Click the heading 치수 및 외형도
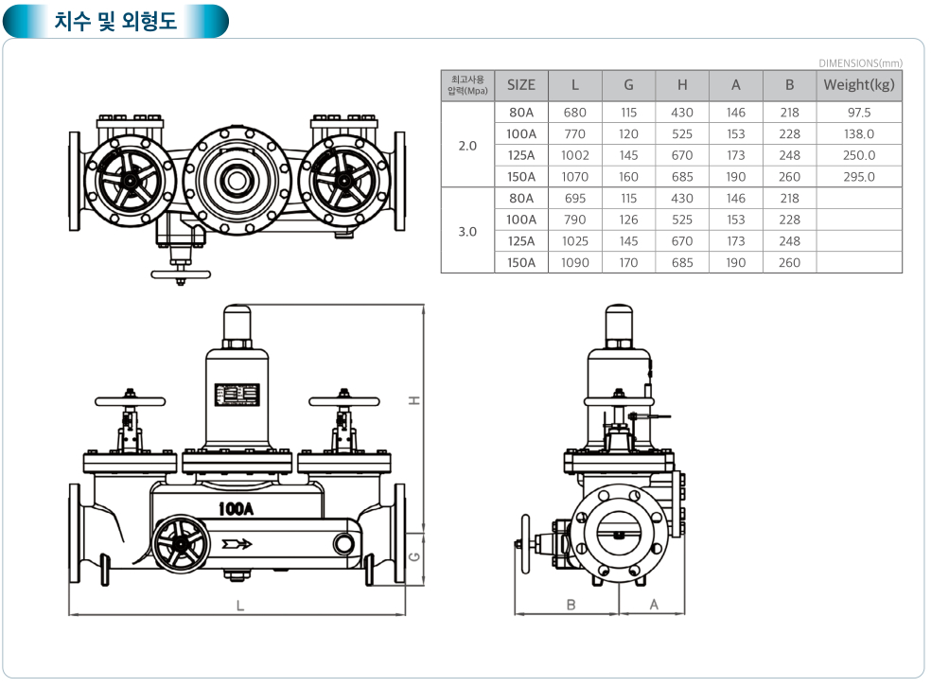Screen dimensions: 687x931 tap(115, 20)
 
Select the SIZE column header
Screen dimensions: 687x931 tap(520, 84)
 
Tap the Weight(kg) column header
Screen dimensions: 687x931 tap(858, 84)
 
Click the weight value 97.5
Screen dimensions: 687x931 tap(859, 113)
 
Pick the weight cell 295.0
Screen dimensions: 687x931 tap(859, 177)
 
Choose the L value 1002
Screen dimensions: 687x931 tap(574, 155)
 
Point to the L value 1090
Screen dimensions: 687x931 tap(574, 263)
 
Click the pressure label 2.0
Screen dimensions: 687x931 tap(467, 145)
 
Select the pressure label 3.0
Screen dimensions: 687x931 tap(467, 231)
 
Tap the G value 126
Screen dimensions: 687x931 tap(628, 220)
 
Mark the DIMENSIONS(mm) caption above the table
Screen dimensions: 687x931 tap(860, 63)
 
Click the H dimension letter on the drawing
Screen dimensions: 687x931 tap(413, 400)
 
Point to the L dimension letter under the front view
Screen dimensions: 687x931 tap(240, 605)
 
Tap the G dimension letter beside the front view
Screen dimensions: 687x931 tap(413, 556)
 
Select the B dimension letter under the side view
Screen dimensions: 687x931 tap(571, 605)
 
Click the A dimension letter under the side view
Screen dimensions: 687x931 tap(654, 605)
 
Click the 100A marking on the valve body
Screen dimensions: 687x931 tap(237, 509)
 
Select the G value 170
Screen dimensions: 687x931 tap(628, 263)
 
